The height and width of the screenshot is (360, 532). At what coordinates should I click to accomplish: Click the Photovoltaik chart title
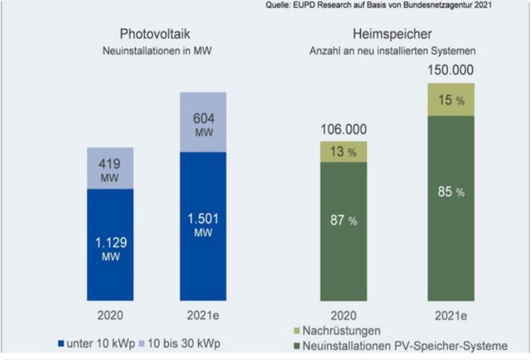coord(155,34)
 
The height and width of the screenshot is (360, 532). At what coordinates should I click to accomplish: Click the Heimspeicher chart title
coord(392,34)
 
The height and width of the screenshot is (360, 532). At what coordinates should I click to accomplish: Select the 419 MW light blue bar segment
coord(110,168)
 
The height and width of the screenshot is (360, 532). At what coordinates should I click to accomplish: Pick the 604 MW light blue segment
coord(203,122)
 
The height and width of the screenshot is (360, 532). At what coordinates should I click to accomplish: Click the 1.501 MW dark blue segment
coord(203,226)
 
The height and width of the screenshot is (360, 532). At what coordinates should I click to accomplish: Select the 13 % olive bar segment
coord(344,152)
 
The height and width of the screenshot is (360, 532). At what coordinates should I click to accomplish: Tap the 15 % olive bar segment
coord(450,100)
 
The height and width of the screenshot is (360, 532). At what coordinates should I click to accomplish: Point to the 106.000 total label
coord(344,129)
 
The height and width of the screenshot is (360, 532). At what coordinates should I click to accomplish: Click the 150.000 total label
coord(450,70)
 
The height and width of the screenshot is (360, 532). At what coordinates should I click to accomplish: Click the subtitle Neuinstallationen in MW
coord(155,51)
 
